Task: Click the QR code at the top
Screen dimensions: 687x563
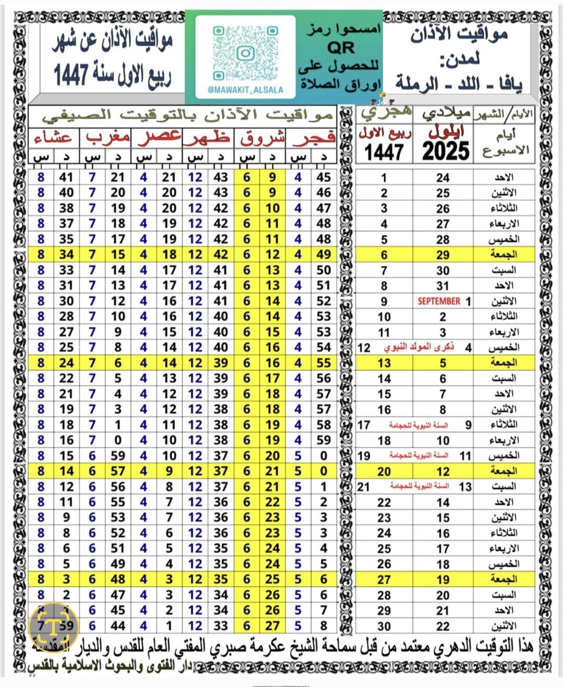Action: click(x=244, y=53)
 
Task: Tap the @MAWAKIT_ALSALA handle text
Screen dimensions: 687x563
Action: click(x=245, y=90)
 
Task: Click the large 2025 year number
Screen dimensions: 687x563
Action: click(x=446, y=151)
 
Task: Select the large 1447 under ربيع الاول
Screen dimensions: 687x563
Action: click(x=384, y=152)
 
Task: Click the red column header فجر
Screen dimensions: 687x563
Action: click(x=314, y=138)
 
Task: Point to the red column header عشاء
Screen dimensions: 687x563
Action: click(x=53, y=138)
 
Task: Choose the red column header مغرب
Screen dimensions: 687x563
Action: click(x=108, y=138)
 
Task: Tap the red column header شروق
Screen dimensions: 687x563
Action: click(x=262, y=139)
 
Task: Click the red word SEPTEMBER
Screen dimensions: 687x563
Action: click(x=439, y=301)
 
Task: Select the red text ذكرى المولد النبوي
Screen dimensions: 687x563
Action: click(x=419, y=347)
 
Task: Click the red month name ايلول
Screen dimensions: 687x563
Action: click(x=446, y=132)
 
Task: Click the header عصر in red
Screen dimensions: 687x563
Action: click(x=159, y=138)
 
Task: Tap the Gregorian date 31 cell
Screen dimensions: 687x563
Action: click(x=443, y=285)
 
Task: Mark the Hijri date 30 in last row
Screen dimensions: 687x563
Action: click(x=384, y=626)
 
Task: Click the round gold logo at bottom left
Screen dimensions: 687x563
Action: click(x=54, y=626)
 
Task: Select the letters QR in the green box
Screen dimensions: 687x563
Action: click(x=340, y=48)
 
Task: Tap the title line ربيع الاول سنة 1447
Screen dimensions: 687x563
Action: click(x=112, y=74)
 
